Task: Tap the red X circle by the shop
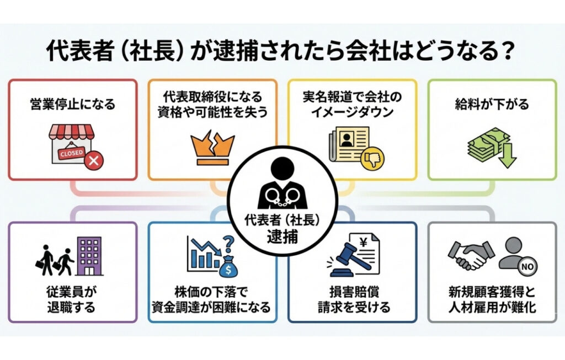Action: tap(94, 160)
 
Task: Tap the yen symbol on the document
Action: tap(364, 241)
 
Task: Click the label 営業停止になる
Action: tap(72, 104)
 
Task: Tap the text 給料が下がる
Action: tap(492, 104)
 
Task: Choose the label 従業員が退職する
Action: tap(72, 300)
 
